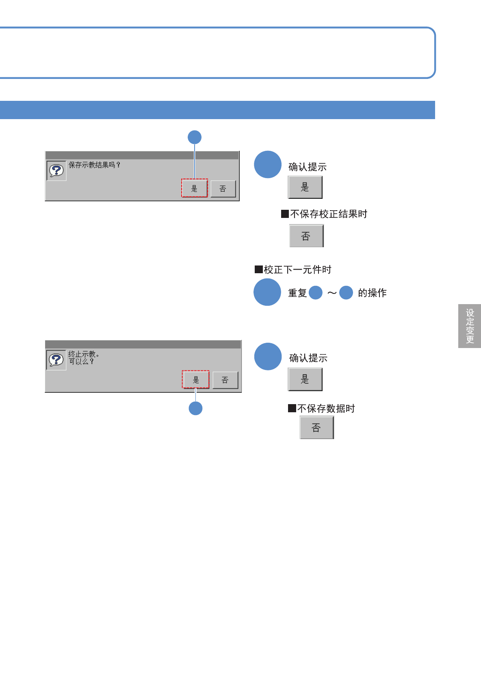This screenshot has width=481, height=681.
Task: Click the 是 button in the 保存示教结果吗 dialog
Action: (x=194, y=188)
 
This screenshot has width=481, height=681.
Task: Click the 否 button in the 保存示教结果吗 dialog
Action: (x=223, y=189)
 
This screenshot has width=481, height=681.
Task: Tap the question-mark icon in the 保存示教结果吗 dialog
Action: (x=56, y=170)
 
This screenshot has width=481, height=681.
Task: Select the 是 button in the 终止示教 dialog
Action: (x=195, y=380)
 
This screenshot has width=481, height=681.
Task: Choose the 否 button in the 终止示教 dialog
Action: (x=225, y=380)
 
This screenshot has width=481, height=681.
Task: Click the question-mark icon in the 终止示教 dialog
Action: (x=56, y=360)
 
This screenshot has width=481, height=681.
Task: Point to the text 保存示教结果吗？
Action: (x=94, y=165)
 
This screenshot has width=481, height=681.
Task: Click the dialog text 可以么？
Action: (x=81, y=361)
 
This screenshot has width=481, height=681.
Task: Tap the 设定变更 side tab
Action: (x=470, y=326)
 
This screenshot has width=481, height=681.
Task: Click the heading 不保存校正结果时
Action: (x=328, y=214)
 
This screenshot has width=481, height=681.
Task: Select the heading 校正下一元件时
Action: (x=297, y=270)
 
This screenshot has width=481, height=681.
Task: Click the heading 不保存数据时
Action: (x=326, y=408)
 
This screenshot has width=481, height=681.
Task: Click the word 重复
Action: (x=297, y=293)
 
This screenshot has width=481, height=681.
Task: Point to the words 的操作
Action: (x=372, y=293)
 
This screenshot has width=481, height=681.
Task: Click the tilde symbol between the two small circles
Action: (x=332, y=293)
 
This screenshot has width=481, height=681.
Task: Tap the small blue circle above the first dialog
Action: (x=195, y=137)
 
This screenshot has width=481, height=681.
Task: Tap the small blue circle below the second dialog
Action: (x=196, y=408)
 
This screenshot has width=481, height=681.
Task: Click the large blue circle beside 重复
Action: (x=267, y=292)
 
